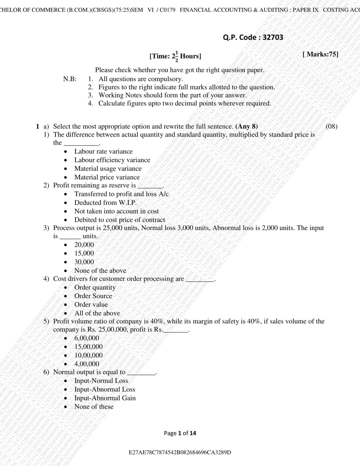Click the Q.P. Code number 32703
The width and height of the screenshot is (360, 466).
[273, 37]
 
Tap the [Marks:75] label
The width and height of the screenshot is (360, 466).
[320, 54]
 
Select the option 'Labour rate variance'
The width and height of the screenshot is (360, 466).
[103, 152]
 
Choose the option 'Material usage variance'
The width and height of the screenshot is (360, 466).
[108, 169]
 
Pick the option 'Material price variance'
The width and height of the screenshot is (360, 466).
[107, 177]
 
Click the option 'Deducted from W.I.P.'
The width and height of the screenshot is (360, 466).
[105, 203]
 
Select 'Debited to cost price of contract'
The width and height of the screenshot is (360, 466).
[119, 220]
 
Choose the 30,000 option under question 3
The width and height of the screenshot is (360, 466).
[84, 262]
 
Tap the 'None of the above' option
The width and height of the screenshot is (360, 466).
[100, 271]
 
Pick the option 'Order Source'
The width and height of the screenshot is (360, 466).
[93, 296]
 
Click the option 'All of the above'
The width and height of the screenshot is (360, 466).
[97, 313]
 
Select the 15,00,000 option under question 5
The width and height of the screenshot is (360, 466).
[88, 347]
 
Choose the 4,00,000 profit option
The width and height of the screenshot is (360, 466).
[87, 364]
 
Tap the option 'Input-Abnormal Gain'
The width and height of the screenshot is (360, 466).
[105, 398]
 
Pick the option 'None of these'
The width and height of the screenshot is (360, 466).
[94, 407]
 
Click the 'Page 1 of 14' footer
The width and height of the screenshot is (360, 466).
[180, 433]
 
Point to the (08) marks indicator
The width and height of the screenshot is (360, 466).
[331, 126]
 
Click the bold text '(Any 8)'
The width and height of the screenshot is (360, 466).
[246, 126]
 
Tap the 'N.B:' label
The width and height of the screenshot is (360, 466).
[70, 79]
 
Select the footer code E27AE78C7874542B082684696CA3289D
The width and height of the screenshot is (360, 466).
[180, 452]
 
